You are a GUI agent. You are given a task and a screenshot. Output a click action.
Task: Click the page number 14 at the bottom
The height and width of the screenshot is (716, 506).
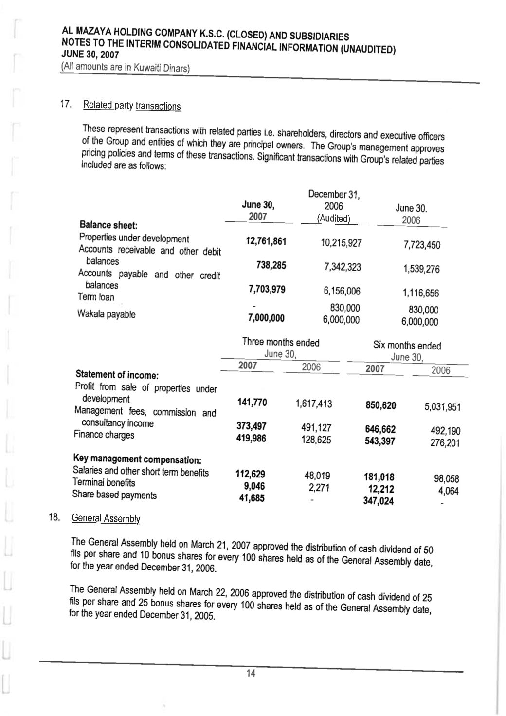[251, 673]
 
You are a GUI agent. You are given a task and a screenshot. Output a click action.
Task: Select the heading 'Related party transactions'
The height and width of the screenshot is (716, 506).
[132, 106]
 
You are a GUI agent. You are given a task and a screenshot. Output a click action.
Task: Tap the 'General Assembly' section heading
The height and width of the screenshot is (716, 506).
[106, 518]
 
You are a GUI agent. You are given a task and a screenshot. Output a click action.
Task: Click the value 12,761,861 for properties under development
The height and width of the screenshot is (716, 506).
[266, 241]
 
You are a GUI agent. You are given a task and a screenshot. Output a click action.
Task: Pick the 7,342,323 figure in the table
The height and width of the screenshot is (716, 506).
[343, 267]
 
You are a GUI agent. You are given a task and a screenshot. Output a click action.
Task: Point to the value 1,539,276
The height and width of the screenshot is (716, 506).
[421, 269]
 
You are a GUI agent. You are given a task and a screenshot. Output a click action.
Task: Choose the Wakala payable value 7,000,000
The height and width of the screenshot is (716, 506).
[266, 318]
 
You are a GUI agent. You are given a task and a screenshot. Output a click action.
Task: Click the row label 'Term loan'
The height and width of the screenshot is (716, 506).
[96, 297]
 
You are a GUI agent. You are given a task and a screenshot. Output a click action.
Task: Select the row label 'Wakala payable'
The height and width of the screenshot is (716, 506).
[106, 314]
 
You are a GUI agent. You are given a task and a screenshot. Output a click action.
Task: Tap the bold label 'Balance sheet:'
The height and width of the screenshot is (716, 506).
[108, 225]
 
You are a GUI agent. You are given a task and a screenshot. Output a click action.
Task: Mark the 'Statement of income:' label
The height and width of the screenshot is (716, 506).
[117, 375]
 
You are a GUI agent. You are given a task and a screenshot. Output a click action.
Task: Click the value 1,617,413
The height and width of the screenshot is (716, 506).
[314, 404]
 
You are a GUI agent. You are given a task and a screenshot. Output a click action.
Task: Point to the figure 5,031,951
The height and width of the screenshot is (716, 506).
[442, 406]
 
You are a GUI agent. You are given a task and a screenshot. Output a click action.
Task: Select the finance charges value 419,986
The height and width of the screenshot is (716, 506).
[251, 438]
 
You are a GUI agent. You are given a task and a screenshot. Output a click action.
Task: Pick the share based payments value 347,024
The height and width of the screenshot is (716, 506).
[379, 501]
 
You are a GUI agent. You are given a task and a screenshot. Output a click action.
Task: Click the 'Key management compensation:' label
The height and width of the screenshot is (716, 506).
[137, 459]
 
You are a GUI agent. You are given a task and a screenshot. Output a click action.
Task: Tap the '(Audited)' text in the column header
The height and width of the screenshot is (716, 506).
[334, 219]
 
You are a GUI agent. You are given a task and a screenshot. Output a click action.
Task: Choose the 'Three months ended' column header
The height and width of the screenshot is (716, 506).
[281, 342]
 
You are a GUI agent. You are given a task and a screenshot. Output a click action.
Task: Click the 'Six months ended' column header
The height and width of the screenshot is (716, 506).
[407, 346]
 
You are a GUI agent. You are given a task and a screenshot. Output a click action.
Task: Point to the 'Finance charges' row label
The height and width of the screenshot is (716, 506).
[104, 435]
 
